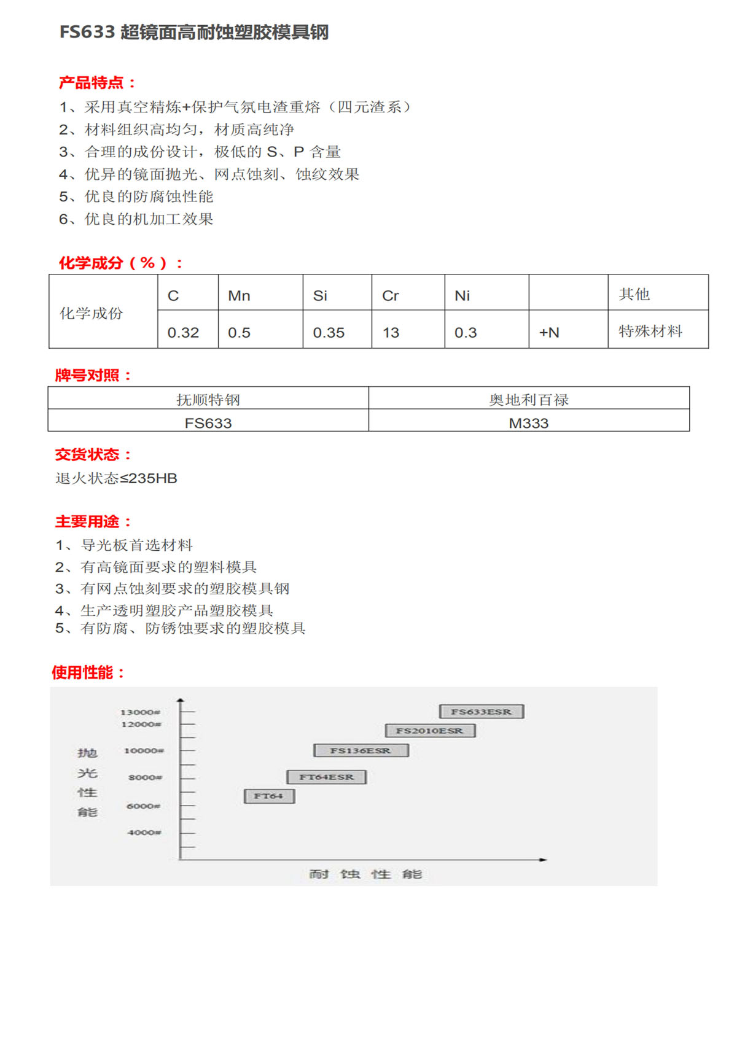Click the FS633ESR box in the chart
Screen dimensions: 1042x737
pyautogui.click(x=482, y=712)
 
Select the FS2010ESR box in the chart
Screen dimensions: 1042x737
pyautogui.click(x=430, y=731)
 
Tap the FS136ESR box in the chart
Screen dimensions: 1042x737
pyautogui.click(x=361, y=750)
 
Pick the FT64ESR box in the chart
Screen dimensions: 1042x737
pyautogui.click(x=326, y=777)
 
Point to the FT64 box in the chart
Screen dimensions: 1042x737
pyautogui.click(x=269, y=796)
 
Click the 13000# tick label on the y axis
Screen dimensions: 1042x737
pyautogui.click(x=140, y=712)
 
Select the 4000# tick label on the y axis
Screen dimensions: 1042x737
pyautogui.click(x=144, y=833)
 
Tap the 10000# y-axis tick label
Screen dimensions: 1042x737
pyautogui.click(x=144, y=751)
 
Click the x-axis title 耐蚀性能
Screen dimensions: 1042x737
pyautogui.click(x=365, y=874)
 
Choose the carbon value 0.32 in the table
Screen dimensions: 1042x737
pyautogui.click(x=183, y=333)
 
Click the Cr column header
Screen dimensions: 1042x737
pyautogui.click(x=391, y=296)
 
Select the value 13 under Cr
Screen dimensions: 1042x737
pyautogui.click(x=391, y=333)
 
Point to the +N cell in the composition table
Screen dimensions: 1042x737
pyautogui.click(x=549, y=333)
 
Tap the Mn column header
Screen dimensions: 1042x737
pyautogui.click(x=239, y=296)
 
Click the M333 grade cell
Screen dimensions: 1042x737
pyautogui.click(x=528, y=423)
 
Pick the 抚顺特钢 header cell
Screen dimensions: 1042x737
pyautogui.click(x=208, y=400)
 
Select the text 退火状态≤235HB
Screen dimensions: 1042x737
pyautogui.click(x=116, y=478)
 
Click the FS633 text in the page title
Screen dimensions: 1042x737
pyautogui.click(x=87, y=32)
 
